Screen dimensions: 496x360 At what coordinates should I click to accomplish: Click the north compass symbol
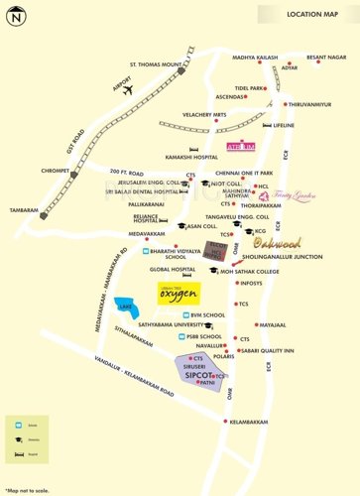(x=15, y=15)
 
